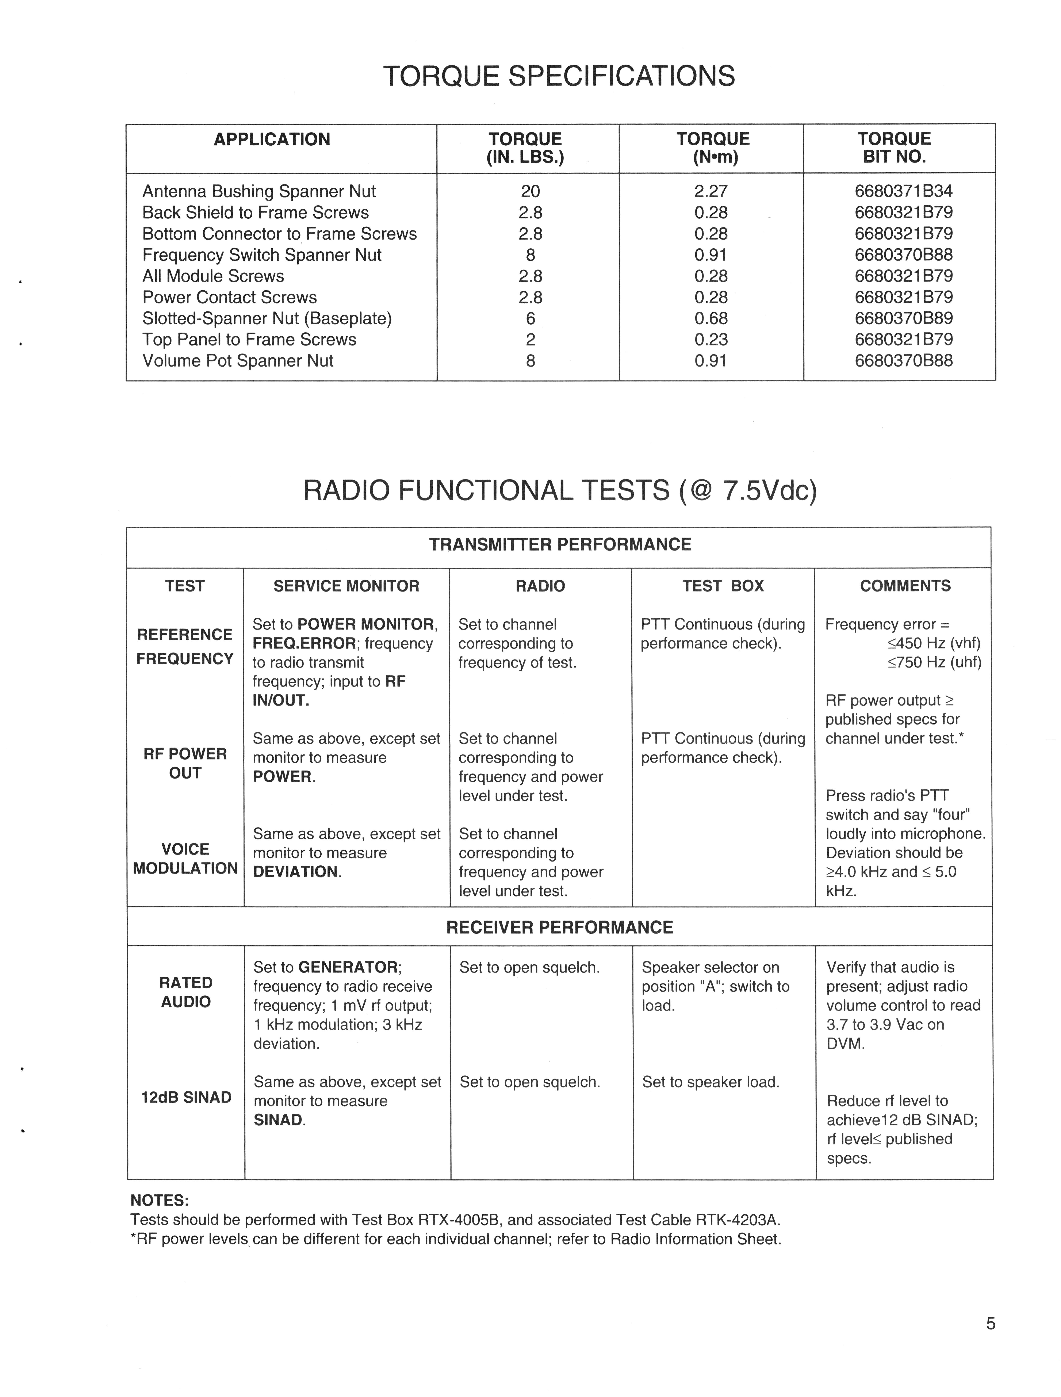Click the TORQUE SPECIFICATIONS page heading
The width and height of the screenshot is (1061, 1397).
click(x=559, y=76)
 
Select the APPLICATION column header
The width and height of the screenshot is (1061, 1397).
click(x=272, y=139)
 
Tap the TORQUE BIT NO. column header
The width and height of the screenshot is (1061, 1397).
click(x=894, y=148)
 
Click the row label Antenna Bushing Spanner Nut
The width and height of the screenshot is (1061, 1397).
click(x=259, y=191)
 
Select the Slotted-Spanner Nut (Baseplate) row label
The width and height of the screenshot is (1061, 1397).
click(x=267, y=318)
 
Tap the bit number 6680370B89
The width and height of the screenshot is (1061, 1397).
click(x=903, y=318)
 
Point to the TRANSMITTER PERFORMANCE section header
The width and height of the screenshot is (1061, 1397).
click(x=560, y=544)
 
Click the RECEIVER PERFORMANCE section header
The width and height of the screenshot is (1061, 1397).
click(x=560, y=927)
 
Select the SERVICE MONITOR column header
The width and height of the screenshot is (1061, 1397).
click(x=346, y=586)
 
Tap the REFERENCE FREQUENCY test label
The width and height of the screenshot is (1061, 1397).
click(x=185, y=647)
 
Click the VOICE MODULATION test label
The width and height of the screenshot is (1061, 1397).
click(x=185, y=859)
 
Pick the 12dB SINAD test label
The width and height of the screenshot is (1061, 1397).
click(x=186, y=1098)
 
